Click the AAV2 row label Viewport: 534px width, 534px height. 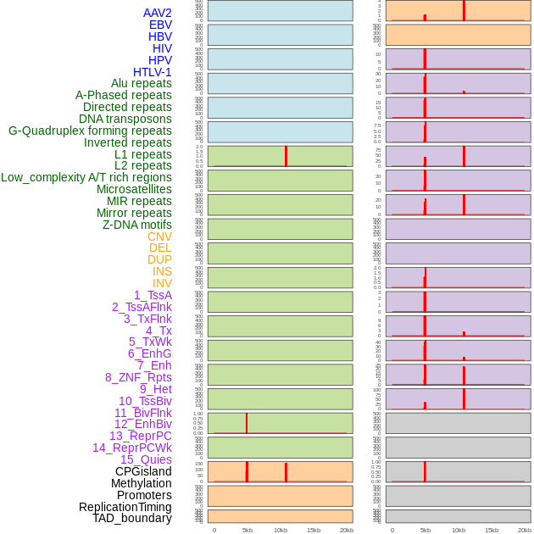click(157, 13)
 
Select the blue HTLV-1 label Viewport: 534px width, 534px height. click(152, 72)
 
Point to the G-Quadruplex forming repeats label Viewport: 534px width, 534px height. click(90, 131)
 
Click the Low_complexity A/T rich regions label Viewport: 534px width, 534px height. click(86, 177)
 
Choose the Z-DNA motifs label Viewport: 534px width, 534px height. click(136, 225)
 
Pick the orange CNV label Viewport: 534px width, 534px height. click(159, 236)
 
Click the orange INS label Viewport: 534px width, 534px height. click(162, 271)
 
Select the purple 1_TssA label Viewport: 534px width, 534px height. click(153, 295)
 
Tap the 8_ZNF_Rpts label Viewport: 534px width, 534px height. click(138, 377)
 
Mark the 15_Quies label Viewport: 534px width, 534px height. click(145, 459)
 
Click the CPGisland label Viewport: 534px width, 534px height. click(143, 471)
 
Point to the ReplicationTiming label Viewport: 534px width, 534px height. click(125, 507)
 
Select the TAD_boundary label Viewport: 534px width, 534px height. click(131, 518)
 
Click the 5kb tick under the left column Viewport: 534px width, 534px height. click(248, 530)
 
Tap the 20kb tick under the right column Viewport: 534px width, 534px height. click(525, 530)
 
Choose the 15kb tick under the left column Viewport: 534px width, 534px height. click(314, 530)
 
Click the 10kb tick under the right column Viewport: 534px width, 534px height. click(459, 530)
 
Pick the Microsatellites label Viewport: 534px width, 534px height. click(134, 189)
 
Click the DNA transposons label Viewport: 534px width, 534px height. click(125, 119)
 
